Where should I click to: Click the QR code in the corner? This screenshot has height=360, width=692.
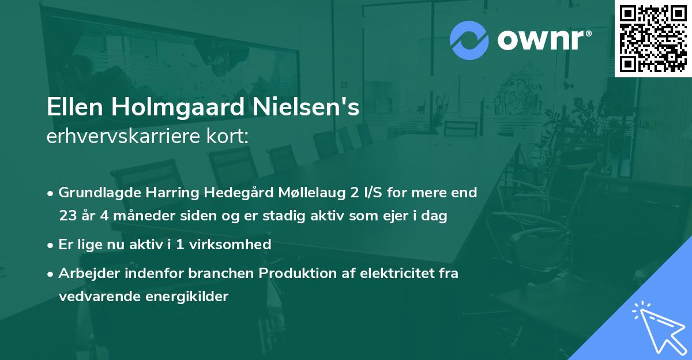click(x=653, y=38)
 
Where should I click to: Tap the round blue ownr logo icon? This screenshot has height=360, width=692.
click(x=469, y=40)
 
